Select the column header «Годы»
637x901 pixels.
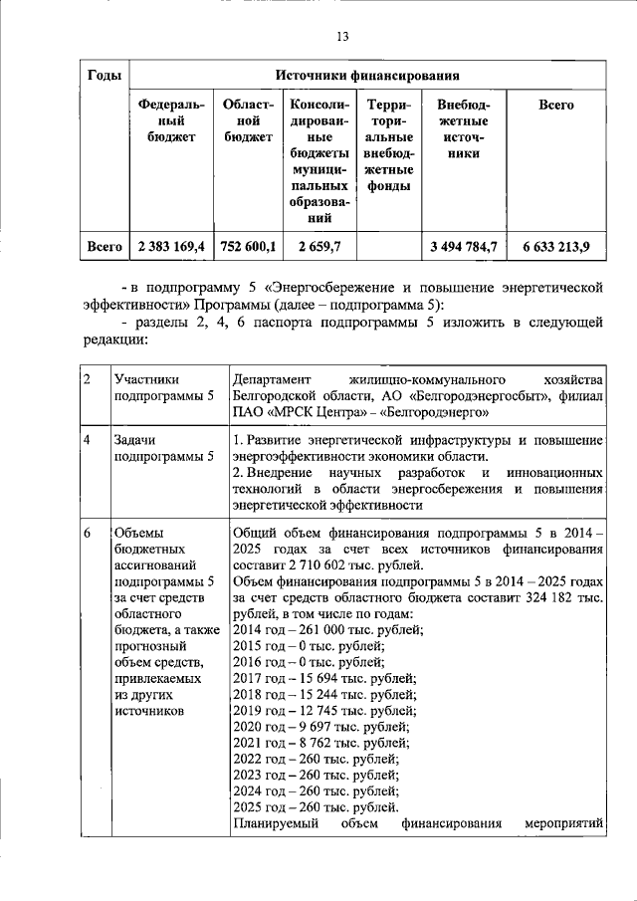click(x=106, y=75)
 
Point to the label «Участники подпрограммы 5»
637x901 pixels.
click(x=149, y=387)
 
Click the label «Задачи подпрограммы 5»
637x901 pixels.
click(x=149, y=448)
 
